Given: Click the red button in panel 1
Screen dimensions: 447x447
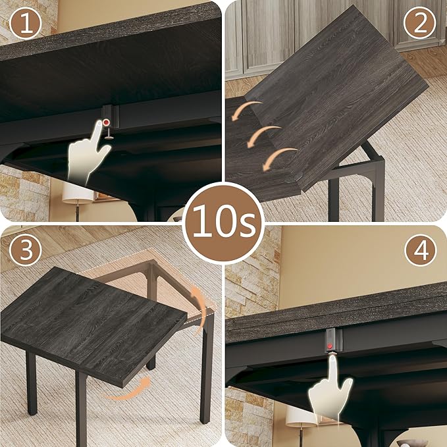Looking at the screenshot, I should [x=105, y=123].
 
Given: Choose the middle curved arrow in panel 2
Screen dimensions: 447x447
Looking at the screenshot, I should [x=264, y=134].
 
